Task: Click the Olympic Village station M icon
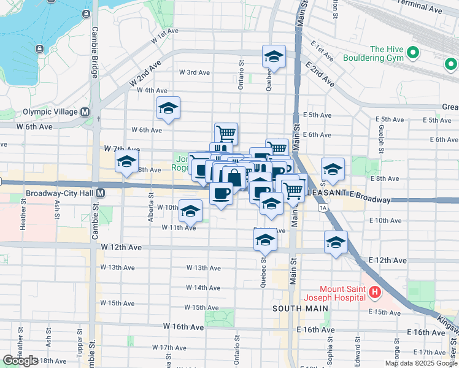tap(85, 112)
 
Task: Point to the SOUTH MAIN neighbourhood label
tap(294, 307)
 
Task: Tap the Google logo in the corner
tap(20, 361)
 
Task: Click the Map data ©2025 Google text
tap(420, 363)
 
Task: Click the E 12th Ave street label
tap(388, 261)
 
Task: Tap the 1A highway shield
tap(323, 208)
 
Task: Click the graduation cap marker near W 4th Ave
tap(168, 109)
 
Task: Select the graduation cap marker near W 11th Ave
tap(190, 211)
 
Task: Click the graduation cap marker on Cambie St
tap(126, 163)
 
